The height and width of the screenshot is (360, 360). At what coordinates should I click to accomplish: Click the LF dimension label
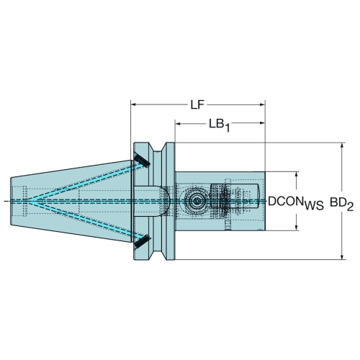[x=197, y=104]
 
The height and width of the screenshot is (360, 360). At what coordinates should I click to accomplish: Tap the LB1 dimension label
[x=219, y=125]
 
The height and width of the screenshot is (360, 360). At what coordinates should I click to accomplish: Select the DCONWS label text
[x=296, y=203]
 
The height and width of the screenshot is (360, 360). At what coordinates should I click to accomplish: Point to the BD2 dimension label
[x=341, y=204]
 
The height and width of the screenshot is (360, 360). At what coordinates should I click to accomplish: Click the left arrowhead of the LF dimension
[x=133, y=104]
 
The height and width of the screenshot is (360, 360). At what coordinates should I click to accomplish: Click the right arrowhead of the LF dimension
[x=262, y=104]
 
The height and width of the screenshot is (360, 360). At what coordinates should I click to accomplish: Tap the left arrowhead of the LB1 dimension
[x=178, y=123]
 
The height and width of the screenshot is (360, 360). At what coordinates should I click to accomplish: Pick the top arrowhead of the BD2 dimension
[x=342, y=145]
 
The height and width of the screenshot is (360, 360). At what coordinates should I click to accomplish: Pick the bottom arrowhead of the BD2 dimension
[x=342, y=256]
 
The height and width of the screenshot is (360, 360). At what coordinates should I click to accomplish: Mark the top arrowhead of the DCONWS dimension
[x=297, y=174]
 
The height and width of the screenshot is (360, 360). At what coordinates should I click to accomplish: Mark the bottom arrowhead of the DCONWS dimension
[x=297, y=228]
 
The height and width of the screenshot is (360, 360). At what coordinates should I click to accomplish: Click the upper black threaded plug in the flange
[x=142, y=161]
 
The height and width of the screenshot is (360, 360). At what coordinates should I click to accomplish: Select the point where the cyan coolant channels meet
[x=30, y=201]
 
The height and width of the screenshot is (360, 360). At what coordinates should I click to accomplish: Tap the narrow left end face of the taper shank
[x=11, y=201]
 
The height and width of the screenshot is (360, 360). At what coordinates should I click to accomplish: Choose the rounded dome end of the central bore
[x=166, y=201]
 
